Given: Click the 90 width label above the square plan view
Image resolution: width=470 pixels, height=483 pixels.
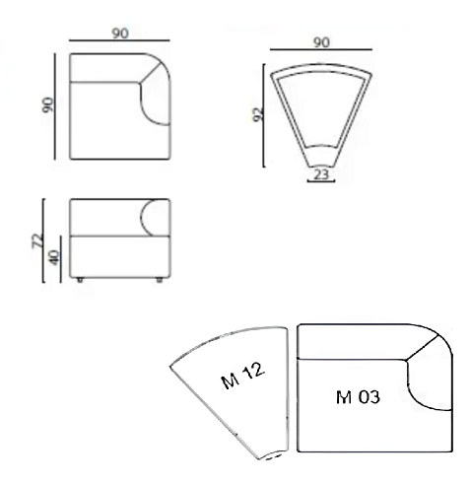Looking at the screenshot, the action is point(120,34).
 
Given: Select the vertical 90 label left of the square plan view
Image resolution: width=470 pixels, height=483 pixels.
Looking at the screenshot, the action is point(48,104).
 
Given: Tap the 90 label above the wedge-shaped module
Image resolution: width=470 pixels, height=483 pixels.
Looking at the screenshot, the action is point(321,42).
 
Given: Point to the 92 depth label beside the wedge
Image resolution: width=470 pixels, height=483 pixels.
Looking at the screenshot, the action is point(259,114).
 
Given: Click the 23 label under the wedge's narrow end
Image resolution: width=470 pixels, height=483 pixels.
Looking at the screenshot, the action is point(321,174).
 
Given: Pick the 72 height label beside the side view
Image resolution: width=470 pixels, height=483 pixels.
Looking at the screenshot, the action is point(37,241).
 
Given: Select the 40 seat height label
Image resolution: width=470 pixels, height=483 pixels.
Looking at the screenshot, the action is point(54,257).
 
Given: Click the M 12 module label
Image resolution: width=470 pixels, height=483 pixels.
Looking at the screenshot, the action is point(242,376).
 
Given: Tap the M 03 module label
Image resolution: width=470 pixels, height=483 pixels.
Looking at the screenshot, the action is point(358,397).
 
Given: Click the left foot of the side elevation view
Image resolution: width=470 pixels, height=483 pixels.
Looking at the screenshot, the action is point(80,280).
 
